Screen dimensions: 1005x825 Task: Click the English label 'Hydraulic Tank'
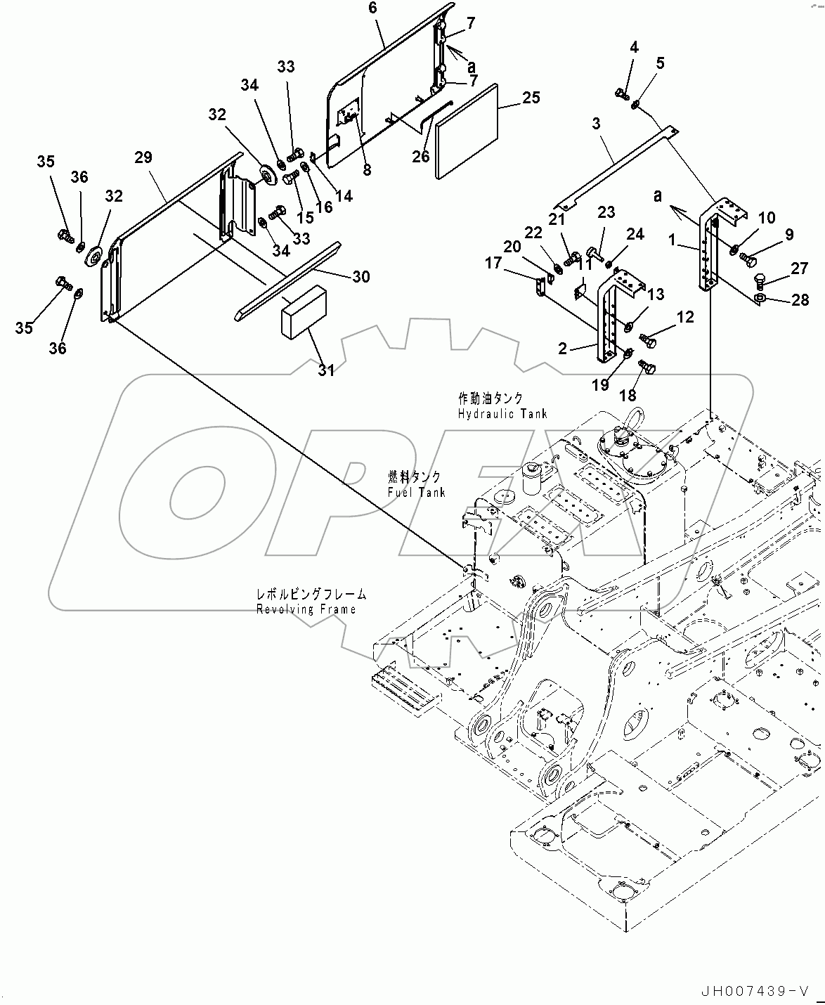(502, 415)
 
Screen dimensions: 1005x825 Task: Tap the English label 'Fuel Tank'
(416, 493)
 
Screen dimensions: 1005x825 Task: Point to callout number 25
(531, 97)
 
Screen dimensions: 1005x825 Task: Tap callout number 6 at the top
(372, 8)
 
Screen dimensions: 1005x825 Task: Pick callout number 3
(596, 124)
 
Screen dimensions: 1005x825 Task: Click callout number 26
(420, 156)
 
